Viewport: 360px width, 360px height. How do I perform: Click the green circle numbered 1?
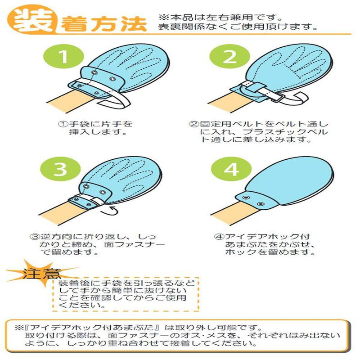pyautogui.click(x=63, y=57)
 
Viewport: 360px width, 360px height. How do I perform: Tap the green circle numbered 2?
pyautogui.click(x=229, y=57)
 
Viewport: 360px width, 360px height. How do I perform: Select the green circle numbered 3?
pyautogui.click(x=61, y=169)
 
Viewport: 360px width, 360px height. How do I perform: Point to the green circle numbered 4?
pyautogui.click(x=231, y=169)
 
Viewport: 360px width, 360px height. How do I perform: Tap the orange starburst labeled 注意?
pyautogui.click(x=41, y=274)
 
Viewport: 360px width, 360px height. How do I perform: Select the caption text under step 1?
pyautogui.click(x=95, y=128)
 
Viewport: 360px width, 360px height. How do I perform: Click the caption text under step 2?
pyautogui.click(x=259, y=132)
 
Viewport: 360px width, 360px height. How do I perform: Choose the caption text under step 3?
pyautogui.click(x=97, y=244)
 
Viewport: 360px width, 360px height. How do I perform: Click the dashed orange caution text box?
pyautogui.click(x=126, y=294)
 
